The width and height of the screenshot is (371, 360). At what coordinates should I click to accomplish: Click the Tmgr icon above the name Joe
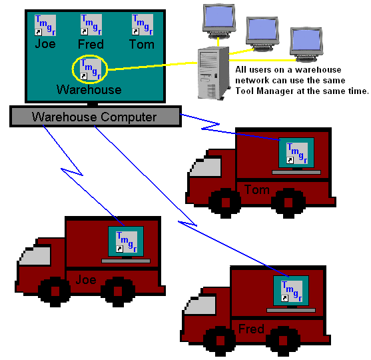point(45,25)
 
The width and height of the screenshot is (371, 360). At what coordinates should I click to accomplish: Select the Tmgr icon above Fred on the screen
point(91,25)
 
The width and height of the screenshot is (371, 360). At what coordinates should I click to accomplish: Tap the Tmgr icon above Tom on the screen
point(143,25)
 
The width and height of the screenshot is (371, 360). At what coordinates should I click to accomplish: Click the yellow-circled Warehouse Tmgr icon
point(91,69)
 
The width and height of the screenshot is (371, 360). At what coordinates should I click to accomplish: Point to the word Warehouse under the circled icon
point(89,90)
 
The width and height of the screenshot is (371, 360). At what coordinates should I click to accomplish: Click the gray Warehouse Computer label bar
point(95,116)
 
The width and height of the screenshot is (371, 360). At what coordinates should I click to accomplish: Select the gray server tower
point(214,73)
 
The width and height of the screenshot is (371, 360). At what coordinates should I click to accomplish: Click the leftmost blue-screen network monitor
point(219,21)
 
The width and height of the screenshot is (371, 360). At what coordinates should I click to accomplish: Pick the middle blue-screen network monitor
point(262,34)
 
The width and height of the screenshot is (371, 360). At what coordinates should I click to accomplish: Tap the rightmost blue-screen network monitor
point(306,45)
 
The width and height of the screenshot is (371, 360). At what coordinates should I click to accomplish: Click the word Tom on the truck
point(257,190)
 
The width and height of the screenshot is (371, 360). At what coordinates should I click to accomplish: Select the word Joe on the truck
point(86,280)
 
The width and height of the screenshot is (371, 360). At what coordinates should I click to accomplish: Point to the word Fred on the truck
point(251,329)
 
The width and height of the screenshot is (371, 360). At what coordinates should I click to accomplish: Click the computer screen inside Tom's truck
point(296,153)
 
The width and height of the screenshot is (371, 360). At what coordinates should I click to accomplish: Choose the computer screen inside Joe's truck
point(126,241)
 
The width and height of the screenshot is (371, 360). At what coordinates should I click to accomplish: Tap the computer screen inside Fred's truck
point(291,291)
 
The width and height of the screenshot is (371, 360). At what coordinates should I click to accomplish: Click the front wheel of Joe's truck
point(55,292)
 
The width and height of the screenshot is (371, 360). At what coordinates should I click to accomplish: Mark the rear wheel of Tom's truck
point(288,203)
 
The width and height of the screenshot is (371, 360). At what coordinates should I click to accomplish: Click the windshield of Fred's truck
point(200,305)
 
